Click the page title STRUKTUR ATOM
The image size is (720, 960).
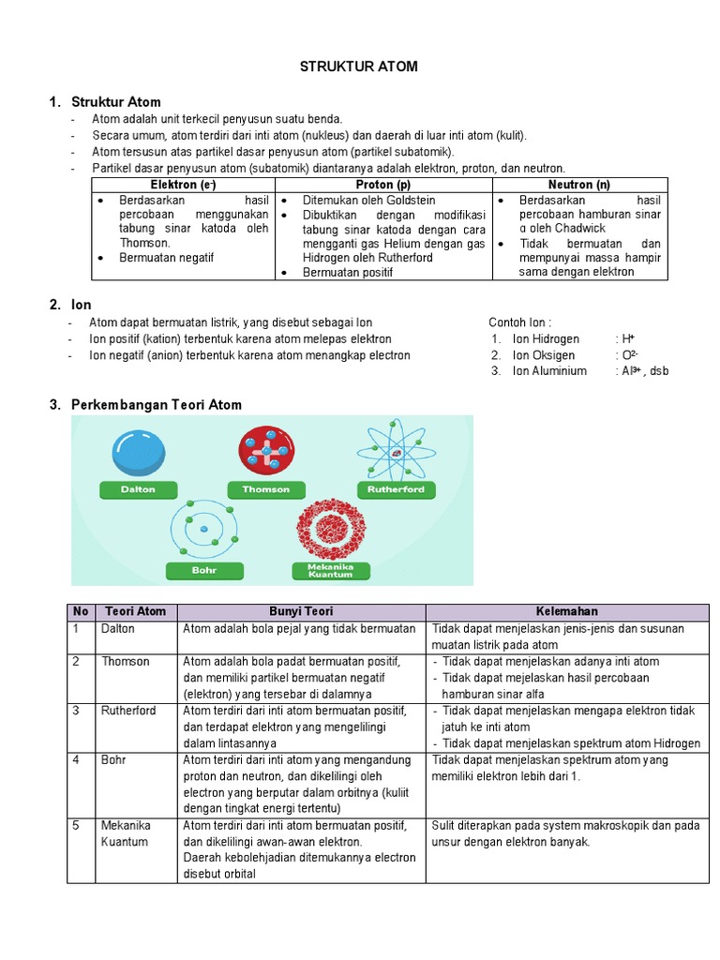(358, 67)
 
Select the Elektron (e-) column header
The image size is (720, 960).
(182, 186)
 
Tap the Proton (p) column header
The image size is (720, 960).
(382, 186)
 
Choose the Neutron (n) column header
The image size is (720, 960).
(578, 186)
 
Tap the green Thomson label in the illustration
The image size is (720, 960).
(266, 489)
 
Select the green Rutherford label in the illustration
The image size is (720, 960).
(397, 489)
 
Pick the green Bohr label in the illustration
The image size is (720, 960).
(204, 569)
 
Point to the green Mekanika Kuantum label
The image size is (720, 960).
(329, 570)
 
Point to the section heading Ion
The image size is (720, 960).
(81, 305)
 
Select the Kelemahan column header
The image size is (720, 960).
(568, 611)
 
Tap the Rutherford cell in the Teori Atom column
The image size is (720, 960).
(128, 711)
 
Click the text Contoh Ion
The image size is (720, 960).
(527, 322)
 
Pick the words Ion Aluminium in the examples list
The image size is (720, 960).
(549, 370)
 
